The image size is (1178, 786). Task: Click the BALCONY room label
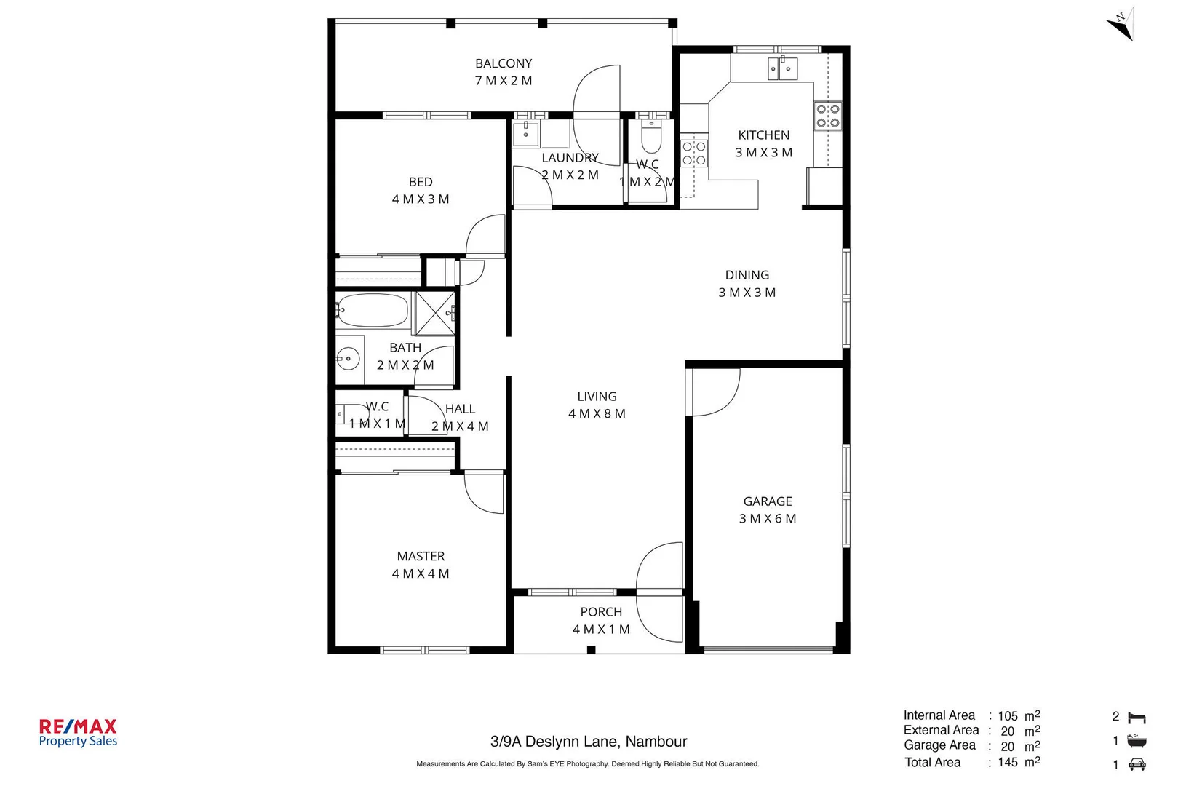click(x=504, y=64)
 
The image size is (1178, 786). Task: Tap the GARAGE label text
click(x=768, y=501)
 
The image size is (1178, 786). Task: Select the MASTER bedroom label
click(x=421, y=557)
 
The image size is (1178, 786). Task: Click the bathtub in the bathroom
click(x=373, y=311)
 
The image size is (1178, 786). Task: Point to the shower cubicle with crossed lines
click(x=434, y=314)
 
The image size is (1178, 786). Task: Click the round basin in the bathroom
click(x=349, y=358)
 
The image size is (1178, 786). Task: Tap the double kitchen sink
click(x=782, y=69)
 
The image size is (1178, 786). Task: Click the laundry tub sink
click(x=525, y=135)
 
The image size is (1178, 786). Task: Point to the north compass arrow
click(x=1121, y=26)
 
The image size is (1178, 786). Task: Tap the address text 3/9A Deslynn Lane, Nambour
click(x=589, y=742)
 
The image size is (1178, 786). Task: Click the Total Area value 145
click(x=1008, y=762)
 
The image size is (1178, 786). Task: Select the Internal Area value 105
click(x=1008, y=716)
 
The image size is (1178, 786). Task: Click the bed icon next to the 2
click(x=1137, y=718)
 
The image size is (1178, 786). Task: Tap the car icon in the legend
click(x=1137, y=764)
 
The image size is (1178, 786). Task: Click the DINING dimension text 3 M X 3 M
click(x=747, y=293)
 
